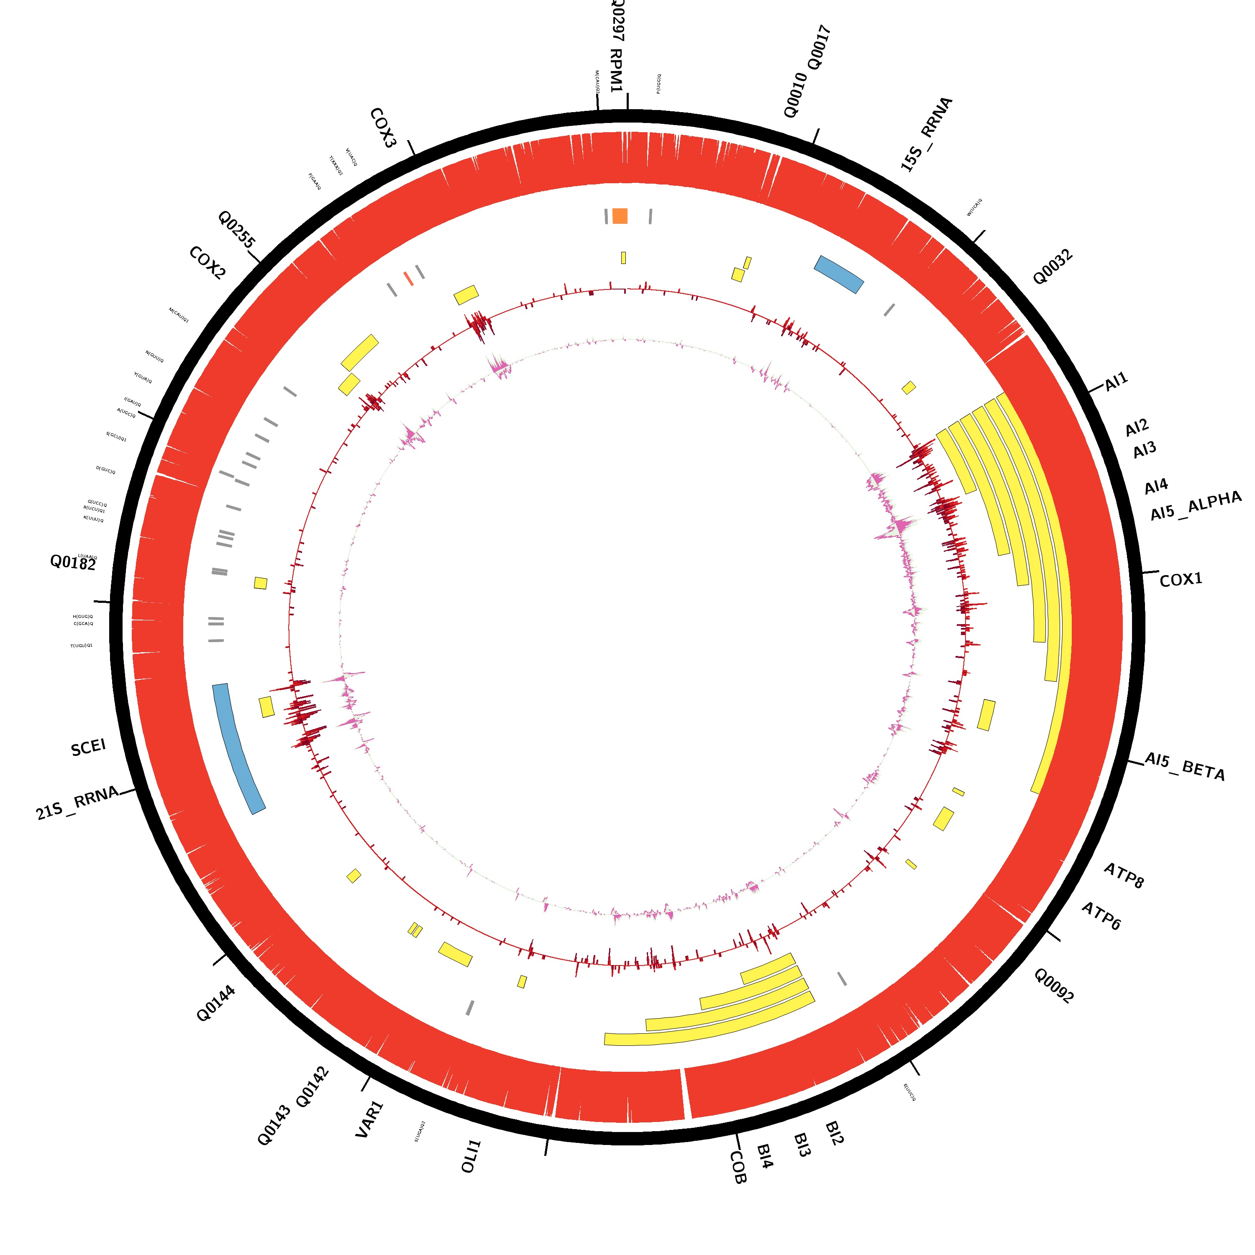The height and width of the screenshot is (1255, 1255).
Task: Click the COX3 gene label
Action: coord(383,128)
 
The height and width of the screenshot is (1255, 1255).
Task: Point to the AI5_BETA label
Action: coord(1184,766)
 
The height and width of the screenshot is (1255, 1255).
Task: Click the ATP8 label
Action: coord(1124,875)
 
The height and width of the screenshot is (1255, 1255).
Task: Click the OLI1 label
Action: coord(471,1156)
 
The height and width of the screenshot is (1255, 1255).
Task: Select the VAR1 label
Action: coord(370,1119)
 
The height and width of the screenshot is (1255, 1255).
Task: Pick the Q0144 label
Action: coord(216,1004)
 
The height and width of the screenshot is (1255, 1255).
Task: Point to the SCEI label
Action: coord(88,748)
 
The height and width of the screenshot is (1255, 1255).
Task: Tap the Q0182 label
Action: coord(73,563)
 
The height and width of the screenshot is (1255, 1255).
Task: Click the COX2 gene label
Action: coord(207,263)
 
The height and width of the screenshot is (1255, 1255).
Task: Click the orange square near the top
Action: coord(620,216)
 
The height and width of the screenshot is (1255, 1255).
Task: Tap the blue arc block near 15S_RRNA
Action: coord(839,274)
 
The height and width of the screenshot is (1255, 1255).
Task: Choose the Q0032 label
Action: coord(1053,267)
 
